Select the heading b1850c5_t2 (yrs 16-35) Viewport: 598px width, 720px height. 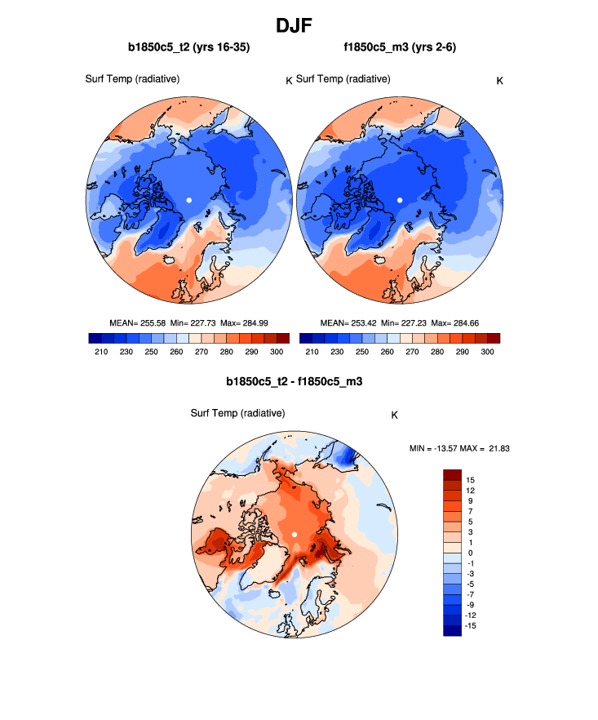[188, 48]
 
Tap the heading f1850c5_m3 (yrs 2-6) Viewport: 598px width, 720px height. [400, 48]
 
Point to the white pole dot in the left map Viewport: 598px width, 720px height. [188, 200]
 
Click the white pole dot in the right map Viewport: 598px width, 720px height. [400, 200]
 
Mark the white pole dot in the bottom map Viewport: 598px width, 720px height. [294, 535]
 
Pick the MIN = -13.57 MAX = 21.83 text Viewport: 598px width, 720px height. [459, 448]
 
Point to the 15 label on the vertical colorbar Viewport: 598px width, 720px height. [471, 480]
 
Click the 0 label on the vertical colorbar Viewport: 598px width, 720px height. [469, 553]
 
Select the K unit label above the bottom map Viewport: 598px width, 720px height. [394, 415]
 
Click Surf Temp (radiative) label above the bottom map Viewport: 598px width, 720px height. [237, 414]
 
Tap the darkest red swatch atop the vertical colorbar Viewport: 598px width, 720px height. [452, 474]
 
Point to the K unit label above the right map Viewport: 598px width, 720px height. [500, 80]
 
